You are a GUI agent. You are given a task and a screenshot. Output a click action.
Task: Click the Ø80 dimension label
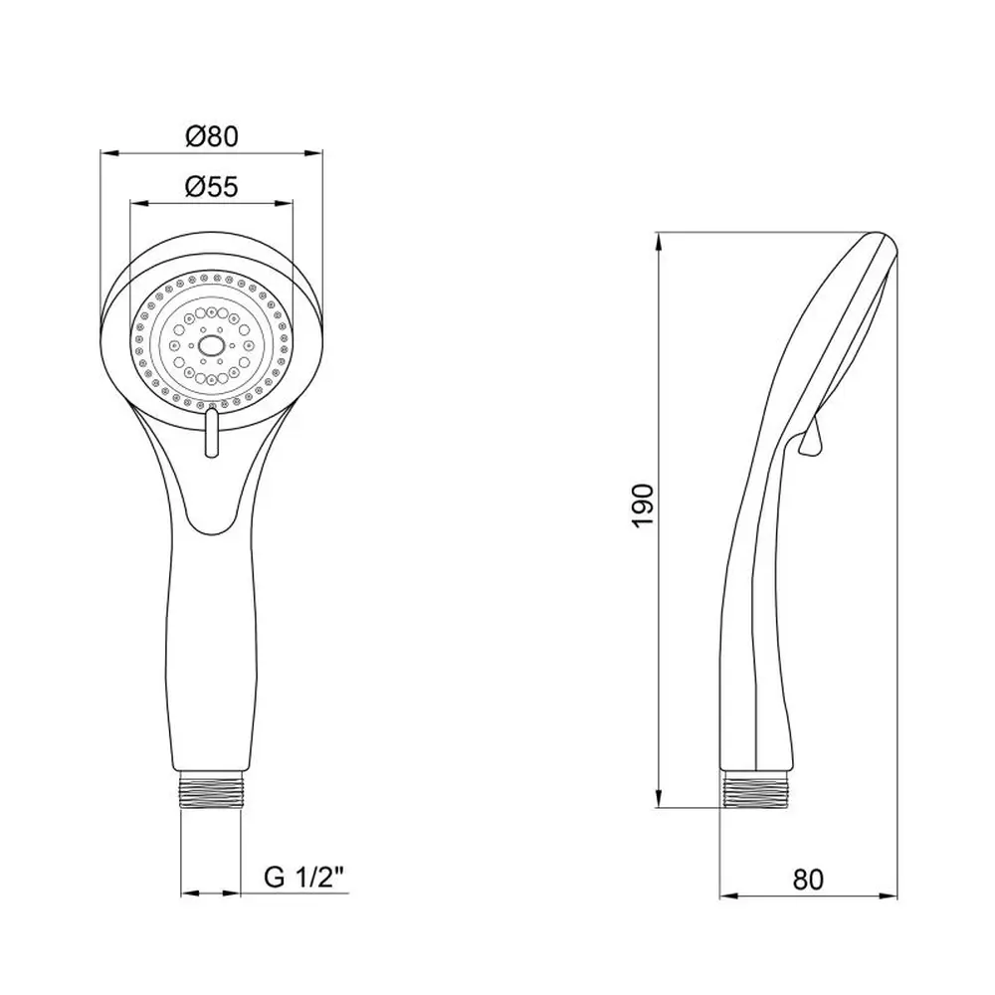pos(212,136)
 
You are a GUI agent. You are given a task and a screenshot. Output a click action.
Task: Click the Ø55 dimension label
pos(212,187)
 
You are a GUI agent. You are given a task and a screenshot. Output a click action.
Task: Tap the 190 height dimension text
pos(643,505)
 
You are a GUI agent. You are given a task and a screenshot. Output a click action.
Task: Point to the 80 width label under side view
pos(808,880)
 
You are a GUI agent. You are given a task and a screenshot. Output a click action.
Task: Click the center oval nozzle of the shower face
pos(211,345)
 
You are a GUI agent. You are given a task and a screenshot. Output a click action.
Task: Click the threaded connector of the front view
pos(211,790)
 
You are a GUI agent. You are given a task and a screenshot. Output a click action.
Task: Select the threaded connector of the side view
pos(755,789)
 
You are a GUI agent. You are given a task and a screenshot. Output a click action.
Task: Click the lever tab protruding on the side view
pos(811,439)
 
